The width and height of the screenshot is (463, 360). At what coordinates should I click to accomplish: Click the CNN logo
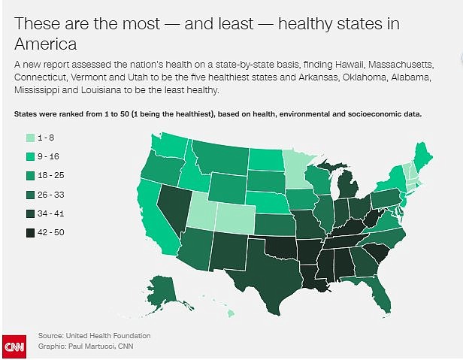tap(14, 347)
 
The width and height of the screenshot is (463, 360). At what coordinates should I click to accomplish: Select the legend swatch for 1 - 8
tap(30, 138)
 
